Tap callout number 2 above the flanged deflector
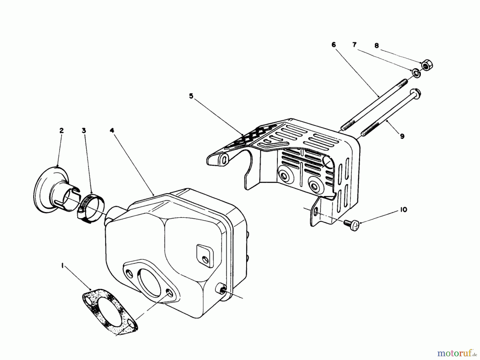click(x=62, y=131)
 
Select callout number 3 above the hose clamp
click(x=84, y=131)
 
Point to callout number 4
click(x=112, y=131)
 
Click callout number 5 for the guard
click(x=191, y=96)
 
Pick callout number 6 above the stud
click(x=334, y=45)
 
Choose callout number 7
click(x=354, y=45)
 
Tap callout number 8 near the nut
click(x=377, y=46)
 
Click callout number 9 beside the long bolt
click(x=402, y=137)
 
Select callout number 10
click(x=404, y=210)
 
